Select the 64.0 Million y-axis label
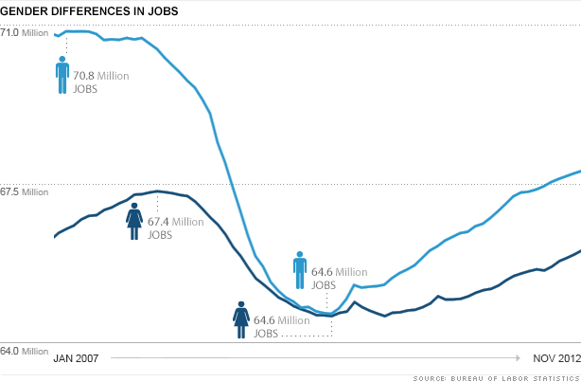pos(24,352)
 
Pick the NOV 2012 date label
pos(553,358)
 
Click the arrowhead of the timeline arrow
pos(518,358)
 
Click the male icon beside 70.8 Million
pos(62,75)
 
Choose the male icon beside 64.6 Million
pos(299,271)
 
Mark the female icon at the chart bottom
pos(241,319)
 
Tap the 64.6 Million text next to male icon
pos(339,278)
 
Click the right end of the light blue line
pos(579,172)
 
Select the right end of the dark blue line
pos(579,251)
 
